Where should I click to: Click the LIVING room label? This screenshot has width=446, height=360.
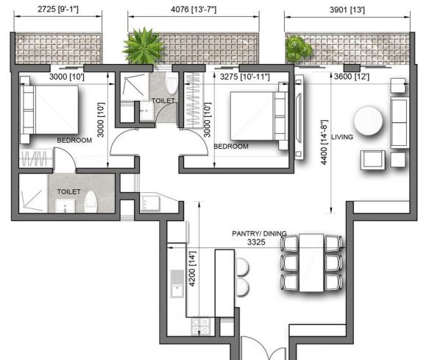[x=342, y=137]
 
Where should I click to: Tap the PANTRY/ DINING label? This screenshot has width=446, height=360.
[x=259, y=233]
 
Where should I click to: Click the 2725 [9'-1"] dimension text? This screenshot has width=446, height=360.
[x=58, y=9]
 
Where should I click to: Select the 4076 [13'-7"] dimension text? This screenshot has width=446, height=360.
[x=194, y=10]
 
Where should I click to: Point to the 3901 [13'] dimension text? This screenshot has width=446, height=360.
[x=347, y=10]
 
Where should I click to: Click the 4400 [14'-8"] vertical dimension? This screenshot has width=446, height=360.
[x=324, y=142]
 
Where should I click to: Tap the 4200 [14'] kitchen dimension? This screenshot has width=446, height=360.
[x=193, y=269]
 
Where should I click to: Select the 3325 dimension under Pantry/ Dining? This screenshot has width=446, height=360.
[x=256, y=242]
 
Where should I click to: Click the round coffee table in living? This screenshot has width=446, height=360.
[x=368, y=121]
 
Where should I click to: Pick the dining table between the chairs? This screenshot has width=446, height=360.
[x=311, y=263]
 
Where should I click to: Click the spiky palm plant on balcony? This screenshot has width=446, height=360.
[x=143, y=46]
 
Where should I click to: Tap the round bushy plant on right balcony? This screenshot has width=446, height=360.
[x=298, y=49]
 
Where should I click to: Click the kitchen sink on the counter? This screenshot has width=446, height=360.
[x=177, y=284]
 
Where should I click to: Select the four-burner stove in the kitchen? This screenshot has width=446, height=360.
[x=202, y=326]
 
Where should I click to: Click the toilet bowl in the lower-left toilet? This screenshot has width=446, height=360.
[x=91, y=202]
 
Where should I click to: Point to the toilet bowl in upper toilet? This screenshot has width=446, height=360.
[x=171, y=83]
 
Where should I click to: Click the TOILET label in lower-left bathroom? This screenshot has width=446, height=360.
[x=69, y=192]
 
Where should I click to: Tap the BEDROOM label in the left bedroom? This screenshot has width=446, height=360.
[x=74, y=141]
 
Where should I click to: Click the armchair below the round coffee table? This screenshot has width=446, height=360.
[x=372, y=160]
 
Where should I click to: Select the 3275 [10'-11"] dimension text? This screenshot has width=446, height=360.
[x=244, y=77]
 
